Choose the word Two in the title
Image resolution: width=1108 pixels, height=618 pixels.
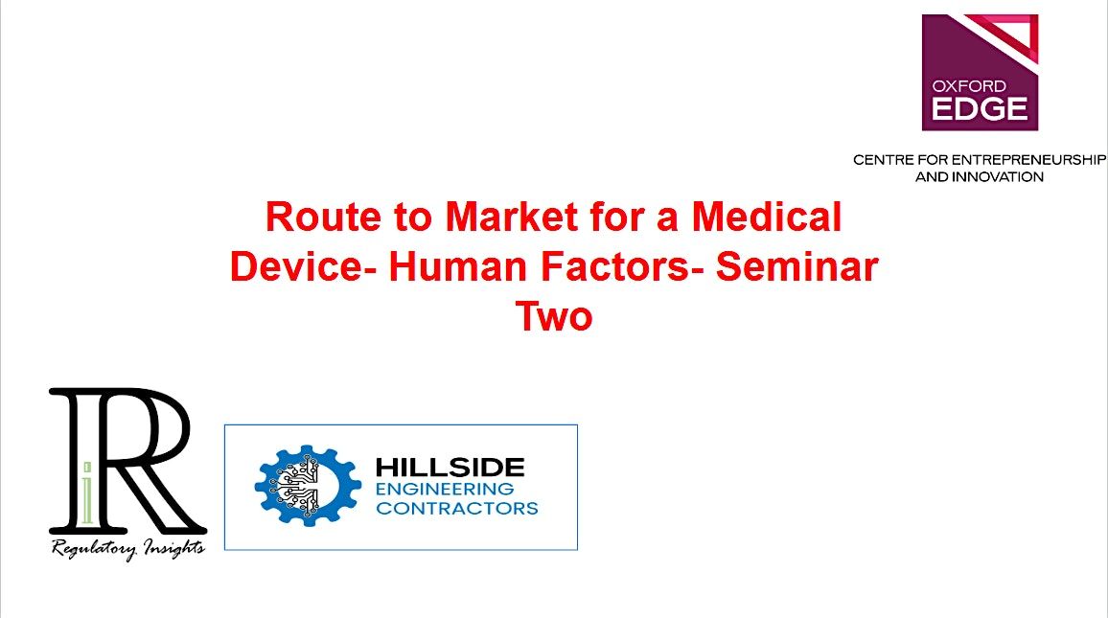click(x=554, y=316)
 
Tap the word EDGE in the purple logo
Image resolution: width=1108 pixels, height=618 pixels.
click(x=980, y=108)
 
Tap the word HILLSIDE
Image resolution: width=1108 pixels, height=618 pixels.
click(x=450, y=468)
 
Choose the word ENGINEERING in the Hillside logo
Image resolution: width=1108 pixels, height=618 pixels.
click(x=445, y=489)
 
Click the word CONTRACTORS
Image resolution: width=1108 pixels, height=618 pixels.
click(x=457, y=508)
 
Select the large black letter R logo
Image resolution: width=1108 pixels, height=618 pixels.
click(x=125, y=460)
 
